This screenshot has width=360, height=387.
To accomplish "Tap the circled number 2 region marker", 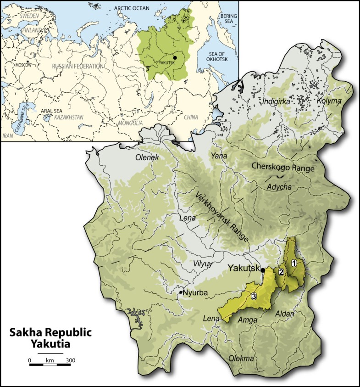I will pyautogui.click(x=281, y=272).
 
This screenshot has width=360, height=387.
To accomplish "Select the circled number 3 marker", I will pyautogui.click(x=254, y=297).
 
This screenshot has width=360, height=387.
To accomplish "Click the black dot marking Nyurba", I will pyautogui.click(x=181, y=292).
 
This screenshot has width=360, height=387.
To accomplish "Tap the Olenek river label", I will pyautogui.click(x=147, y=157).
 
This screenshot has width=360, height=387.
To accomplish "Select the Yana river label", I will pyautogui.click(x=216, y=156).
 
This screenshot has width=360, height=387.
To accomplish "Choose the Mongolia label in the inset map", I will pyautogui.click(x=131, y=124).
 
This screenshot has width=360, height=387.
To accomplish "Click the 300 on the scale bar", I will pyautogui.click(x=70, y=361).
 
